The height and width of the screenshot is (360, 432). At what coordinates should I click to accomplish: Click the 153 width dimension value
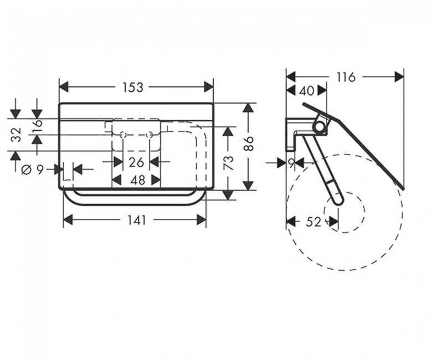[133, 88]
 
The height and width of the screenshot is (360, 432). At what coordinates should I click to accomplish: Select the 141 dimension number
[137, 220]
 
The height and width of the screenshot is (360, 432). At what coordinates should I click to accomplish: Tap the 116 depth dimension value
[346, 77]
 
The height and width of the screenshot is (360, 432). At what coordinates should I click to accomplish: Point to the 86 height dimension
[249, 143]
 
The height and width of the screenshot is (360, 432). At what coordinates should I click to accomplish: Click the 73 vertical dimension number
[229, 163]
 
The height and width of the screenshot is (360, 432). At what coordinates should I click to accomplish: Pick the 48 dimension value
[138, 181]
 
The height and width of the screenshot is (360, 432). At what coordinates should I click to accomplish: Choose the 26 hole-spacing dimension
[136, 162]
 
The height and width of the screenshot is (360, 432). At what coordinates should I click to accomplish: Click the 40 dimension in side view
[307, 91]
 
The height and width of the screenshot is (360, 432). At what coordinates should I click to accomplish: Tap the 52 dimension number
[313, 222]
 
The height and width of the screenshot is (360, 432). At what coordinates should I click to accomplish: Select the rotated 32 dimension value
[17, 135]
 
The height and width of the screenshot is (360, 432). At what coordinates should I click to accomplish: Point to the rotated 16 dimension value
[38, 126]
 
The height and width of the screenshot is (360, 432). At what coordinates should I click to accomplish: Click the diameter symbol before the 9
[26, 170]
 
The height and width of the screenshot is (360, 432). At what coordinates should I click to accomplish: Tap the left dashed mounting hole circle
[123, 135]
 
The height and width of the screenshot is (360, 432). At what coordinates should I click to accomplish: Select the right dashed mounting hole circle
[150, 135]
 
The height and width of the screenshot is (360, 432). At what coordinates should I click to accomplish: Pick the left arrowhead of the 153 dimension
[64, 87]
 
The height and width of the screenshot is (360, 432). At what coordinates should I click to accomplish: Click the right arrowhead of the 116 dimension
[399, 77]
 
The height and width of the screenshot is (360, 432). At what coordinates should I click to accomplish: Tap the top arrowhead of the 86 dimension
[249, 107]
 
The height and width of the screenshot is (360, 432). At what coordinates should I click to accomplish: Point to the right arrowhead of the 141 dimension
[202, 220]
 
